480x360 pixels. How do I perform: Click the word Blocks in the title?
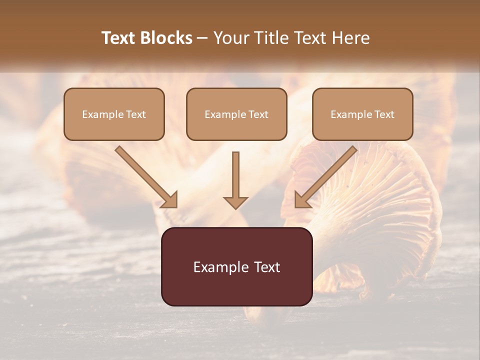(x=167, y=38)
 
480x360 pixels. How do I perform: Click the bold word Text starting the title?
(x=120, y=38)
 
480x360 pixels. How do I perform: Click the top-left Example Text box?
(x=114, y=114)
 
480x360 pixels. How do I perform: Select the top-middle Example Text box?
(x=236, y=114)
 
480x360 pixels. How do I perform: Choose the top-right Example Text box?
(x=362, y=114)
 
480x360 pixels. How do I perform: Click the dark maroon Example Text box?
(x=236, y=266)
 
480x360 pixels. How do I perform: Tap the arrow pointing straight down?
(x=235, y=175)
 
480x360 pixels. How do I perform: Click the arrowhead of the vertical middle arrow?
(x=235, y=202)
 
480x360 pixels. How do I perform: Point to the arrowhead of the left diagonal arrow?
(x=170, y=200)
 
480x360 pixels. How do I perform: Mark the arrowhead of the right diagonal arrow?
(x=302, y=200)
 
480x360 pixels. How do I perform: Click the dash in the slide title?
(x=202, y=38)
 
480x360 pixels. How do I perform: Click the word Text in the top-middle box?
(x=258, y=114)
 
